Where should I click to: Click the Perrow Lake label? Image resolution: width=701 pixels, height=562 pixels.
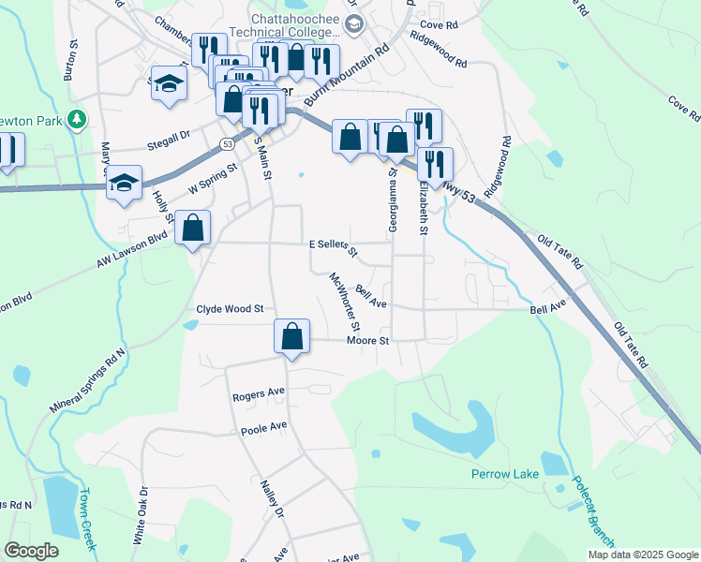coord(504,474)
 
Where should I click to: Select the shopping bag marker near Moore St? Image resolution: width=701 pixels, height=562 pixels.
coord(292,337)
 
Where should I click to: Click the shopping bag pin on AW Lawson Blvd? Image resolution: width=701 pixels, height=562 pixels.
coord(192,228)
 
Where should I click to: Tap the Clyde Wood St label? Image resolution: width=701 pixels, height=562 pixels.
coord(230,308)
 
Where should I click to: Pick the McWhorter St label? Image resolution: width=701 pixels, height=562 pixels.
coord(342,302)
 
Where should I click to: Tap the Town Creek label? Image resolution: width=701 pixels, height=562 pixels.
coord(87,510)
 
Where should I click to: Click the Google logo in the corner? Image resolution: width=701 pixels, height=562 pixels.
coord(32,551)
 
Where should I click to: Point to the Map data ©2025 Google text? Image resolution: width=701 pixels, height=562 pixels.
coord(643,555)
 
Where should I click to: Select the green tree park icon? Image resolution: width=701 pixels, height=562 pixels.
coord(77,120)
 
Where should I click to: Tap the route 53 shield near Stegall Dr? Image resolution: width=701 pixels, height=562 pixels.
coord(228,143)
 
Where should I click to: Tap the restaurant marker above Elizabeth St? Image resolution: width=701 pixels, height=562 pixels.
coord(435,164)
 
